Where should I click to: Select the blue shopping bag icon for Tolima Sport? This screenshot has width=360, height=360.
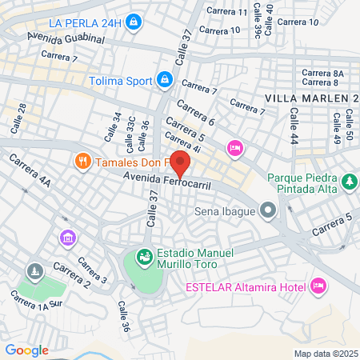pyautogui.click(x=165, y=79)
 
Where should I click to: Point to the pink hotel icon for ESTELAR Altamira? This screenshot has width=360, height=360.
pyautogui.click(x=318, y=286)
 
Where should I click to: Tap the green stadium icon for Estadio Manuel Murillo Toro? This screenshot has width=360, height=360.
pyautogui.click(x=145, y=258)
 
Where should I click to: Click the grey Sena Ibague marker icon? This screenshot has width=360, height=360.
pyautogui.click(x=267, y=212)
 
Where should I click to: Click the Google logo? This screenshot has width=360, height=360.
pyautogui.click(x=26, y=350)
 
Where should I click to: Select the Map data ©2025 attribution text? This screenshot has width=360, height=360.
pyautogui.click(x=324, y=353)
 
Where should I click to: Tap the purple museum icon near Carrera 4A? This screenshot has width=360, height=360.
pyautogui.click(x=68, y=238)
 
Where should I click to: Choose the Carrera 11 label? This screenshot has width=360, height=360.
pyautogui.click(x=226, y=11)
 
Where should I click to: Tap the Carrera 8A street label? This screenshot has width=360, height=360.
pyautogui.click(x=322, y=73)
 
